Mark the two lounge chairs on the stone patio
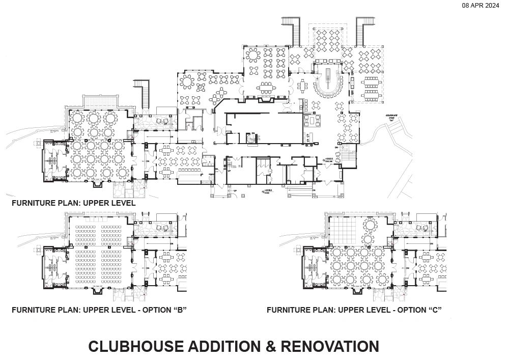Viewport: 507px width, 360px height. pyautogui.click(x=162, y=121)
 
